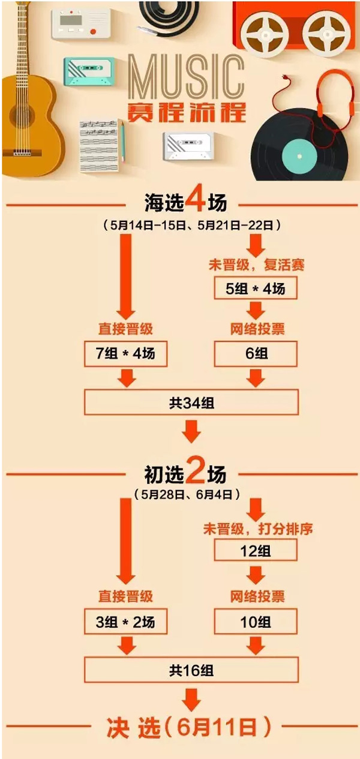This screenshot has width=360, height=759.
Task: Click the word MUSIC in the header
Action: tap(186, 77)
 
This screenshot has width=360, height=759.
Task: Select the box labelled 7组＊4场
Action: tap(125, 355)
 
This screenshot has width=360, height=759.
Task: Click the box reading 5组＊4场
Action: tap(257, 289)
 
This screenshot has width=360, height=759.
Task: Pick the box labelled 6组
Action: tap(257, 355)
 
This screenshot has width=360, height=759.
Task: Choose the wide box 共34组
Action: tap(191, 403)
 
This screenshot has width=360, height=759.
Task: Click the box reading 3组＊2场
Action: tap(125, 623)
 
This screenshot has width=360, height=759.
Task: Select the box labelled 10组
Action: tap(257, 623)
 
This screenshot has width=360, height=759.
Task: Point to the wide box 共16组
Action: tap(191, 670)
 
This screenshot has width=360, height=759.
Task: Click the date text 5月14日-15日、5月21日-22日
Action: tap(192, 225)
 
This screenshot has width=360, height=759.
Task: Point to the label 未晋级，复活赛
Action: tap(257, 265)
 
